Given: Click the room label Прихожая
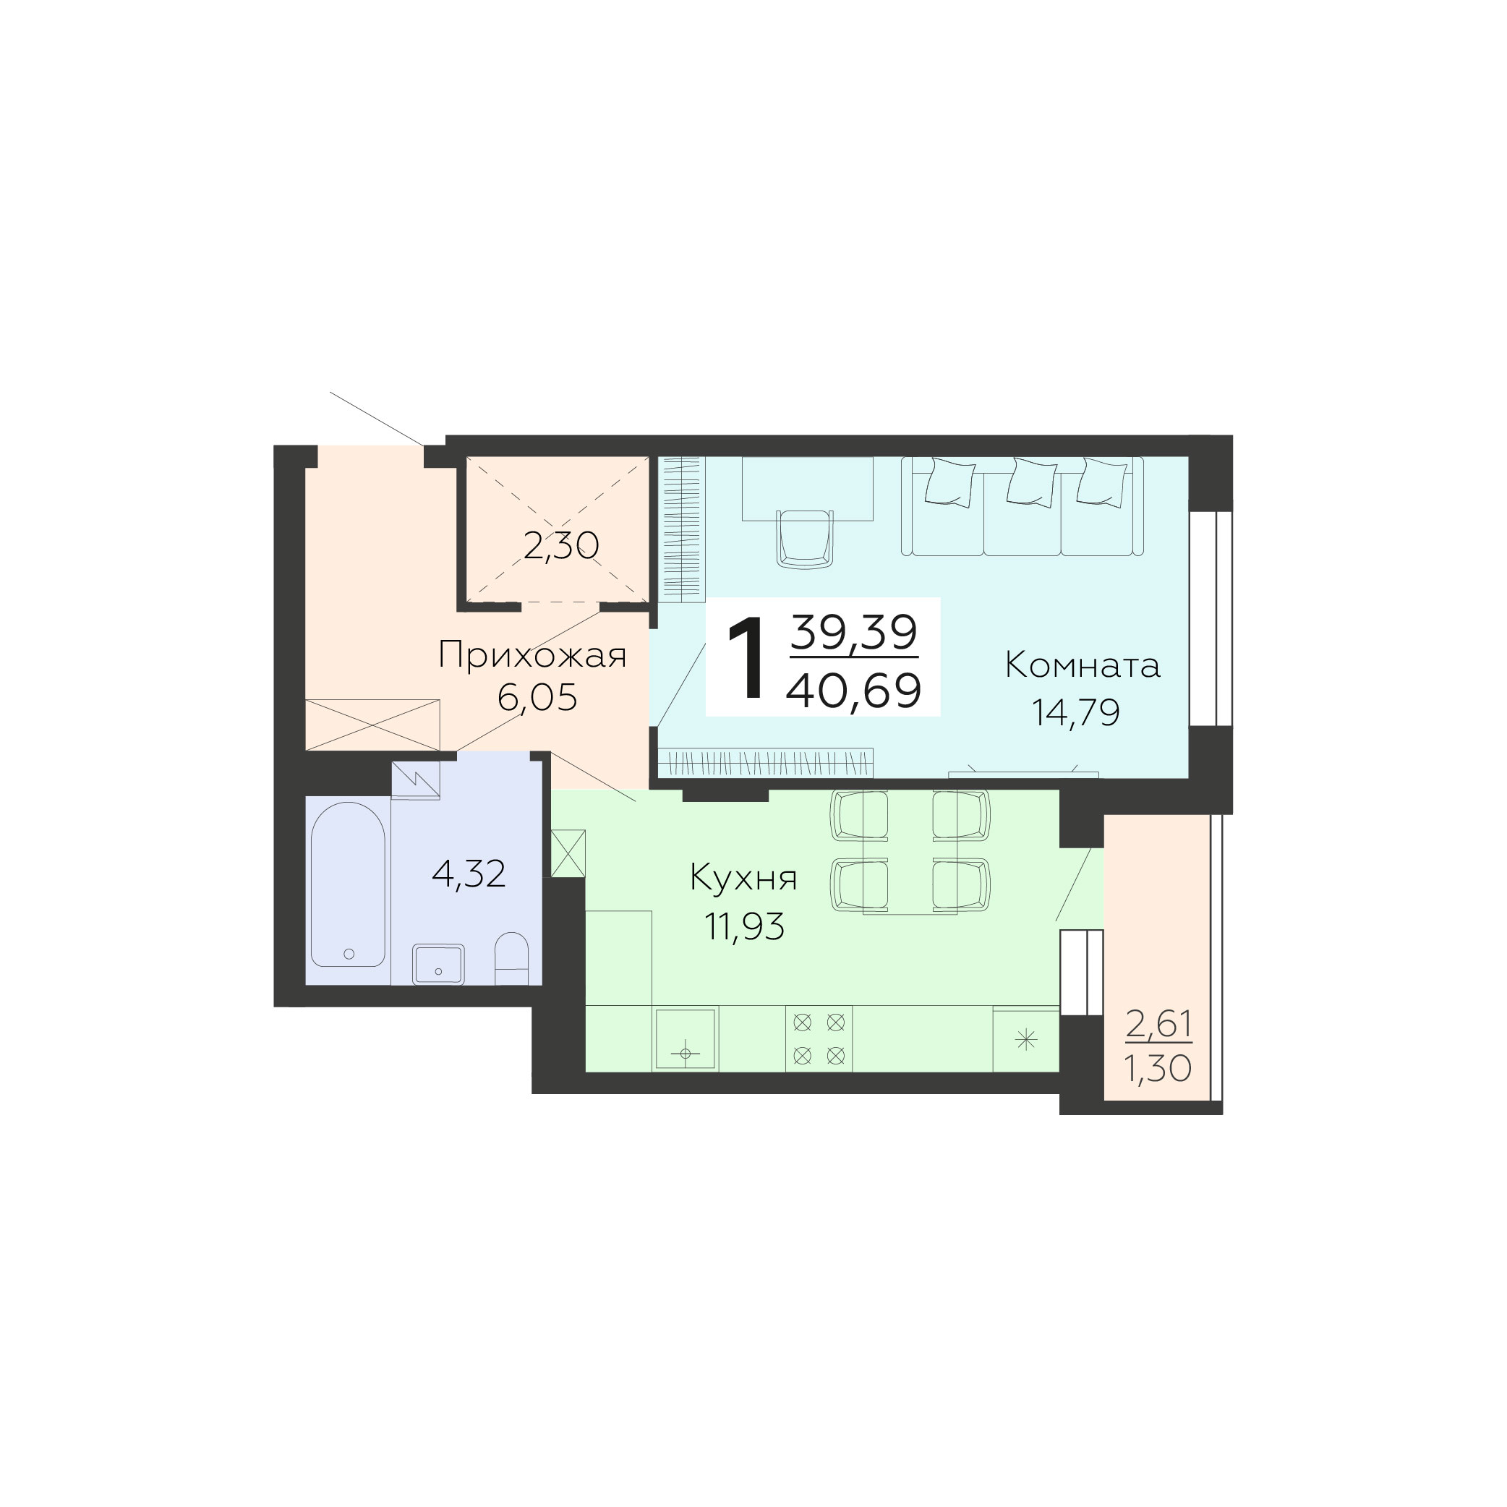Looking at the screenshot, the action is click(x=533, y=656).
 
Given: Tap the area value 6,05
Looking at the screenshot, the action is click(x=537, y=696).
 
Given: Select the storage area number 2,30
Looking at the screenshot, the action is click(x=562, y=546).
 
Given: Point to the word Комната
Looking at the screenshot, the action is click(x=1083, y=665).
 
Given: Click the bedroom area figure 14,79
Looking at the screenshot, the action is click(x=1077, y=712).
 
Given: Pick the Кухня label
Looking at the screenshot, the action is click(x=743, y=879).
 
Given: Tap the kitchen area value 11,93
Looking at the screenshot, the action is click(x=745, y=926).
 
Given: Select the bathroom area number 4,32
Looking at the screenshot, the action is click(x=469, y=874).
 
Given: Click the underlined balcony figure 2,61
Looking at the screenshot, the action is click(x=1158, y=1023).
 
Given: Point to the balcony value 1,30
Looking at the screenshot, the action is click(x=1158, y=1068).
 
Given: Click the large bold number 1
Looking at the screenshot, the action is click(x=746, y=657).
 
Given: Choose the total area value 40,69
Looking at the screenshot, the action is click(x=854, y=691).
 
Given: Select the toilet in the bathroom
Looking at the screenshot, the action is click(x=512, y=959).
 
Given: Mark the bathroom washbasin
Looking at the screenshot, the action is click(x=438, y=964).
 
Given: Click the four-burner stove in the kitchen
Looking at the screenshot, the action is click(x=819, y=1039).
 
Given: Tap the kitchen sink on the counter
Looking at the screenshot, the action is click(x=686, y=1039).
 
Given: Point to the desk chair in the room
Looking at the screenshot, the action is click(x=805, y=537).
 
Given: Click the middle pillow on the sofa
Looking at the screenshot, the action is click(x=1031, y=483).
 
